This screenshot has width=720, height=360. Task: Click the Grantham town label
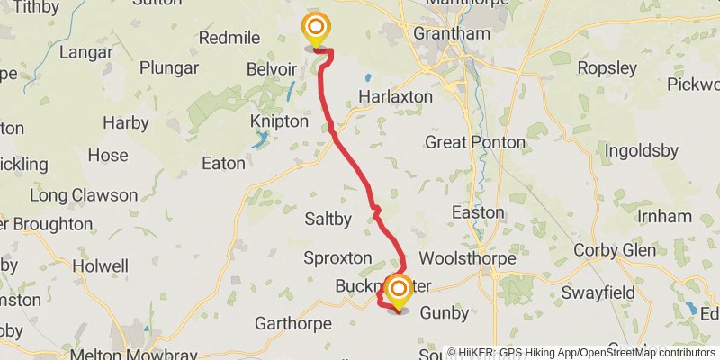[x=451, y=34]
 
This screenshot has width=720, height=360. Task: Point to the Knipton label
[x=279, y=121]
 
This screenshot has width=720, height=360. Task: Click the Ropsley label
[x=607, y=68]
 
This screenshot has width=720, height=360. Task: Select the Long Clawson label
[x=84, y=195]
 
